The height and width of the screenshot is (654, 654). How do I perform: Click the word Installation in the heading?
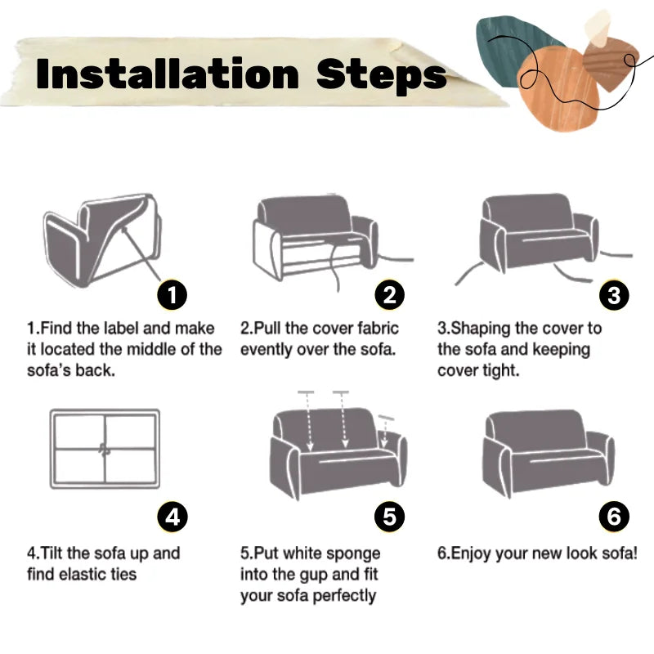pyautogui.click(x=168, y=74)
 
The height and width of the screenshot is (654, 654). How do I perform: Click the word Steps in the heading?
pyautogui.click(x=381, y=74)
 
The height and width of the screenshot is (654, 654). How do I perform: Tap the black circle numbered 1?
pyautogui.click(x=172, y=295)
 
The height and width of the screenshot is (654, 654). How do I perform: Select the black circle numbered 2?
pyautogui.click(x=389, y=295)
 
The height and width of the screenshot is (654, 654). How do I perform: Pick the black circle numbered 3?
pyautogui.click(x=614, y=295)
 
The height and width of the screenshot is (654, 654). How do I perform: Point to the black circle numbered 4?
pyautogui.click(x=172, y=517)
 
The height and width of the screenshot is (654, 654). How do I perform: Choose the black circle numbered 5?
pyautogui.click(x=389, y=517)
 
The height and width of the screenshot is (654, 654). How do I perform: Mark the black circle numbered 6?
pyautogui.click(x=614, y=517)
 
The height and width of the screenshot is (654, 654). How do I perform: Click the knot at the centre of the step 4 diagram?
pyautogui.click(x=105, y=450)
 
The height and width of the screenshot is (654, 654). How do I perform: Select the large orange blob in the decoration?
pyautogui.click(x=559, y=88)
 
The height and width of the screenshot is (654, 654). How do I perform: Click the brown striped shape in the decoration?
pyautogui.click(x=610, y=63)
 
